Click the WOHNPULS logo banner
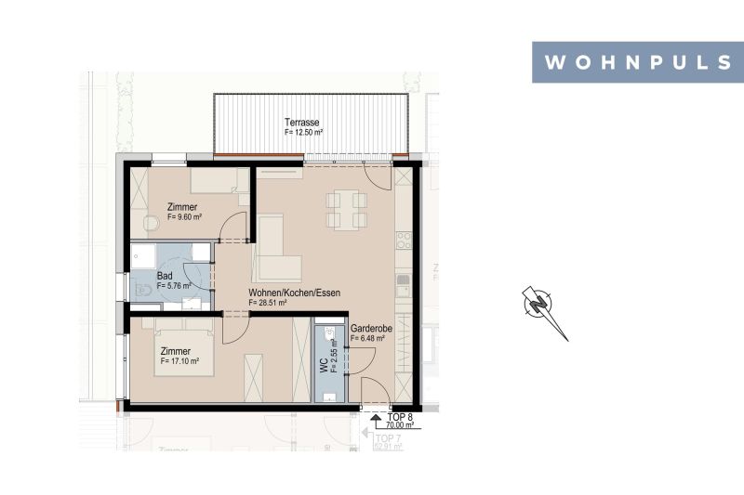[637, 62]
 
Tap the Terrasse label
[302, 123]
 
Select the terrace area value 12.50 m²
[304, 133]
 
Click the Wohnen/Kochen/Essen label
[294, 293]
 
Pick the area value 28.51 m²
[268, 303]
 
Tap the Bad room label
[165, 276]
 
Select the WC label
[322, 365]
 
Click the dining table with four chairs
[346, 210]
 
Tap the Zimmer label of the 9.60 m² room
[182, 206]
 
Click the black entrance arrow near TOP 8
[376, 419]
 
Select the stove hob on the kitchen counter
[404, 241]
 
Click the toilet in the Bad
[144, 290]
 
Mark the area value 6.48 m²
[368, 339]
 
